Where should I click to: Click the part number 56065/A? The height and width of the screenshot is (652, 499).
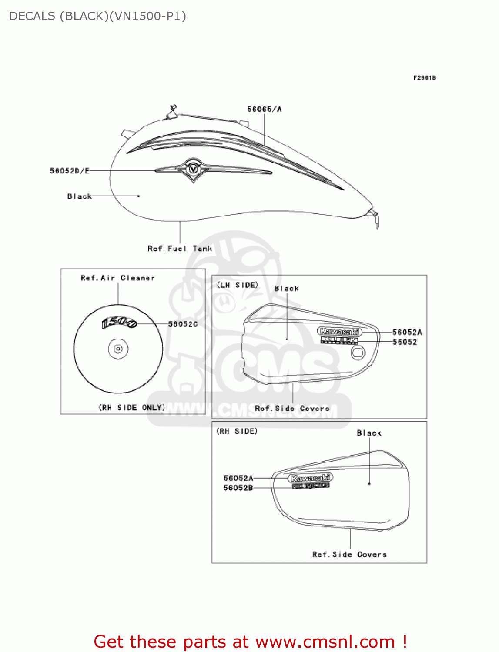tap(264, 109)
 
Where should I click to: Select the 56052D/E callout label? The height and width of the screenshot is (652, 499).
tap(70, 171)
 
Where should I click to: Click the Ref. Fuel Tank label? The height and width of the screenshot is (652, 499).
tap(180, 249)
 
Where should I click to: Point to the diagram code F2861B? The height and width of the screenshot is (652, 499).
tap(424, 78)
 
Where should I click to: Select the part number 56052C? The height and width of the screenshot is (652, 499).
tap(183, 324)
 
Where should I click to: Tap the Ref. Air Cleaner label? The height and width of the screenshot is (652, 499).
tap(117, 278)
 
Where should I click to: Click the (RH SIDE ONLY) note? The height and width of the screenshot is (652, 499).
tap(132, 407)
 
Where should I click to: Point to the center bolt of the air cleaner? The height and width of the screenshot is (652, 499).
tap(118, 349)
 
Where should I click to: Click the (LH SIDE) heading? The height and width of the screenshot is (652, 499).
tap(238, 285)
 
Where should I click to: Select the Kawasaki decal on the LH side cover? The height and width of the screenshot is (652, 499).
tap(339, 332)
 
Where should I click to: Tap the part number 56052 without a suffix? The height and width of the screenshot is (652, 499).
tap(405, 342)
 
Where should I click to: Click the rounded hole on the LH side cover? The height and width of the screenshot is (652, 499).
tap(358, 353)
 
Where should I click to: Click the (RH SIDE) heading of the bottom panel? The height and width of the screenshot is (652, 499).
tap(237, 431)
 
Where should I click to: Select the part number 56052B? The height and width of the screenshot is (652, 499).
tap(238, 488)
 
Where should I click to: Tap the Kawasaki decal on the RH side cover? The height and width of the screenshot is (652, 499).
tap(311, 478)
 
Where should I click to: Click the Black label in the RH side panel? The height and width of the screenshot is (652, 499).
tap(369, 433)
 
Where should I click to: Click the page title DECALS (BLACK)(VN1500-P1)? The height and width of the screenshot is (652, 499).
tap(97, 16)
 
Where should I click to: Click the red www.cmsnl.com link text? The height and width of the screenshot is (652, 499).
tap(325, 642)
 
